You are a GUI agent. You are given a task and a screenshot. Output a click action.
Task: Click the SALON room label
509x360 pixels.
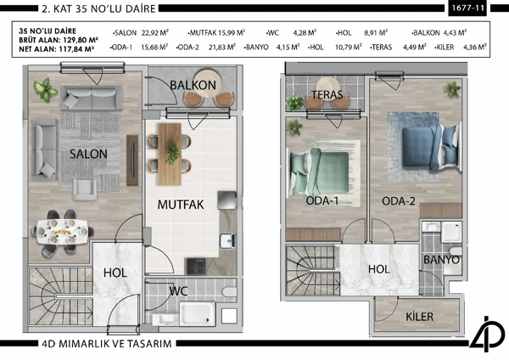point(87,154)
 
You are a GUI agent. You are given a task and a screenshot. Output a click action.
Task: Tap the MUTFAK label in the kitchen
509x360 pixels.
point(178,205)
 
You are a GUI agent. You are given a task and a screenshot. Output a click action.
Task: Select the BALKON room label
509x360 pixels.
point(192,87)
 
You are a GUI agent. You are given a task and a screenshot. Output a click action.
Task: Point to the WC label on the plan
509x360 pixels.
point(177,290)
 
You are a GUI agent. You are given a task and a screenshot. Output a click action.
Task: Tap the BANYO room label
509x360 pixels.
point(440,259)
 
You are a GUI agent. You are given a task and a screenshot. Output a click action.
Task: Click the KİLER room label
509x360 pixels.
point(419,317)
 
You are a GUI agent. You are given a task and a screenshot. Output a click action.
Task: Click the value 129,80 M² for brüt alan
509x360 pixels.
point(75,40)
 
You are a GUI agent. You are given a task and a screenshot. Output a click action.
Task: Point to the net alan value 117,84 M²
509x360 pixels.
point(73,49)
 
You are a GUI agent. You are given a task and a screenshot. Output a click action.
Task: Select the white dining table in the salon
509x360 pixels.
point(64,229)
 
